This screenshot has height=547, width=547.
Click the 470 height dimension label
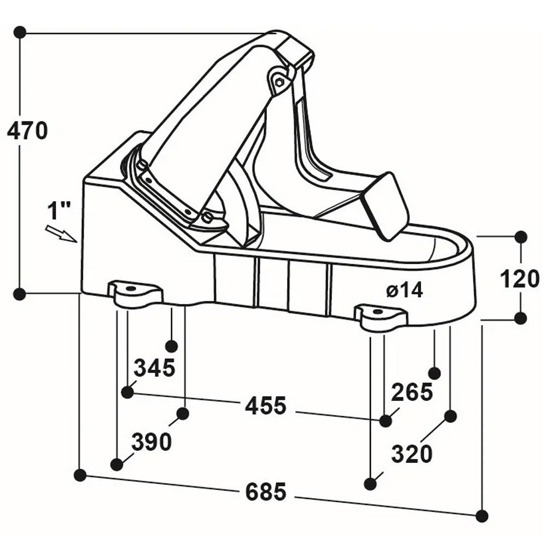tap(27, 131)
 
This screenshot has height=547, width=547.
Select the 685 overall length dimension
tap(266, 492)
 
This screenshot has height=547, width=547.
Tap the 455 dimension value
tap(266, 406)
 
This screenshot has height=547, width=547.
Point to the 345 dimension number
tap(155, 368)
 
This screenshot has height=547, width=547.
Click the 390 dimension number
tap(152, 442)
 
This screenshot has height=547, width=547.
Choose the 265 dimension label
tap(412, 392)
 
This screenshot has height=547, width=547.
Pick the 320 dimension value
tap(412, 454)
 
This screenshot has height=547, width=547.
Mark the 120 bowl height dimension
tap(520, 279)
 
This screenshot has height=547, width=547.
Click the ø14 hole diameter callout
tap(405, 290)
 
